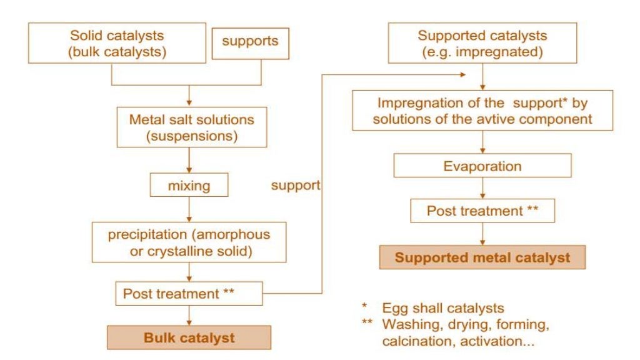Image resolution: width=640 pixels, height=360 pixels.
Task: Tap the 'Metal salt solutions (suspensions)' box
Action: click(x=188, y=126)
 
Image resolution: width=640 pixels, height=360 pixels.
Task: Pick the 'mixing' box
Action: click(x=188, y=186)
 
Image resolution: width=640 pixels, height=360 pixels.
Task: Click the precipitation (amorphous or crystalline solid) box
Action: click(x=188, y=243)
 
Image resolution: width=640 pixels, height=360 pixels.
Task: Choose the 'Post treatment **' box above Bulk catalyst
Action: click(x=188, y=293)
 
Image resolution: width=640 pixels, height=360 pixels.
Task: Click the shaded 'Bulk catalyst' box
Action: click(x=189, y=338)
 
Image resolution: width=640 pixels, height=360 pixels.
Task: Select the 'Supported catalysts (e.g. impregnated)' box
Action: click(x=481, y=44)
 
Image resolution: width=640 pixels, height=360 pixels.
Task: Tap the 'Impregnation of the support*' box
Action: click(x=481, y=111)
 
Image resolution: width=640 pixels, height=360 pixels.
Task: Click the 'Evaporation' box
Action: click(x=482, y=167)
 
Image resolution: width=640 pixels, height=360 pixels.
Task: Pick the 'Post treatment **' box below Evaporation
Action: click(x=482, y=211)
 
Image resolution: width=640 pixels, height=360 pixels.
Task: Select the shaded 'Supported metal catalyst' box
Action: click(x=482, y=257)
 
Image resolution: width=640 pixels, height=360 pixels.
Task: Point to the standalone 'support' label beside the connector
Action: click(x=296, y=186)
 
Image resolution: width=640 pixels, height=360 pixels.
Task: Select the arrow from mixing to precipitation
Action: click(x=188, y=209)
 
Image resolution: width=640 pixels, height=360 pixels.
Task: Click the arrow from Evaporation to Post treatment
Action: click(x=482, y=188)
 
